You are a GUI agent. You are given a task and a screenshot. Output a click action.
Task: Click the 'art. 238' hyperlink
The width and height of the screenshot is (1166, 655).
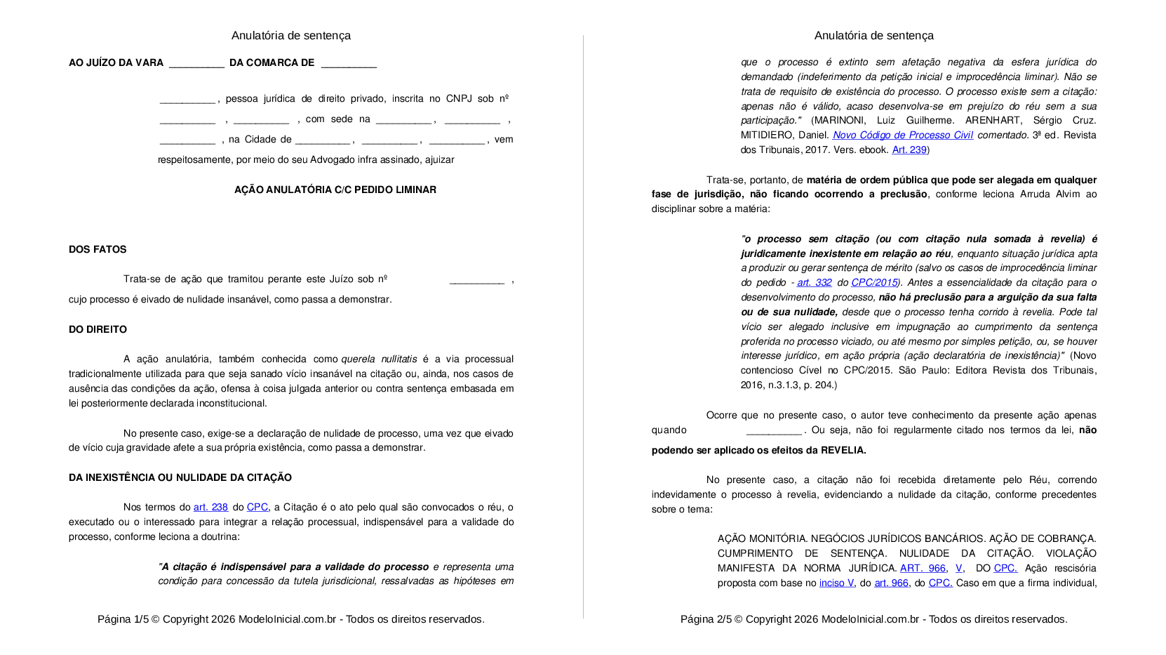point(210,507)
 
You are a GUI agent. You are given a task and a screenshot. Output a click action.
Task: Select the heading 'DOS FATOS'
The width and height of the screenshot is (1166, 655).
point(98,249)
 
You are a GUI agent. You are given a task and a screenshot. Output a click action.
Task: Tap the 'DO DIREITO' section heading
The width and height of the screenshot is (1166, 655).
point(98,329)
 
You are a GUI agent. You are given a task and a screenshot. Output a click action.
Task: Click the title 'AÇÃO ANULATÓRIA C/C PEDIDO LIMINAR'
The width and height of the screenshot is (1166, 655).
point(335,190)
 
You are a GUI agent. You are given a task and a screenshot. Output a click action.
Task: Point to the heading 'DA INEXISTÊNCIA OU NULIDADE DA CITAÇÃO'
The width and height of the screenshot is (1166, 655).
point(180,477)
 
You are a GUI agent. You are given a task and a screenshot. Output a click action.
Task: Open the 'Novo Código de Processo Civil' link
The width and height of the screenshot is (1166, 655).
point(902,135)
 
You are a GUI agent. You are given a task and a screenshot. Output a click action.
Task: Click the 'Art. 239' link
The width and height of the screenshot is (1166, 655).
point(909,150)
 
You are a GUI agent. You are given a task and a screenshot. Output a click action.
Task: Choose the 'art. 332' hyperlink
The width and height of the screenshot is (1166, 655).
point(815,282)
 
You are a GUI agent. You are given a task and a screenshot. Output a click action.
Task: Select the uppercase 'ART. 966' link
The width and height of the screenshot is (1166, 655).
point(923,568)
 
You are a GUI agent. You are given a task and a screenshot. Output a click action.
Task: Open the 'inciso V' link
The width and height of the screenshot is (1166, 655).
point(836,583)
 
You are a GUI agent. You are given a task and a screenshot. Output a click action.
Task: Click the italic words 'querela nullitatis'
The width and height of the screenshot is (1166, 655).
point(379,359)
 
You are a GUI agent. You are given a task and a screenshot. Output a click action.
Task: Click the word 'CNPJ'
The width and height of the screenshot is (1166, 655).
point(460,98)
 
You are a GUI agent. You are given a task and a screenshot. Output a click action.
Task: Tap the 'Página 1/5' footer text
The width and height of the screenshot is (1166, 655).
point(123,619)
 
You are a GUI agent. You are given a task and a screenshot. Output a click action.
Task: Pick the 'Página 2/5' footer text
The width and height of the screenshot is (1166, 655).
point(706,619)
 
